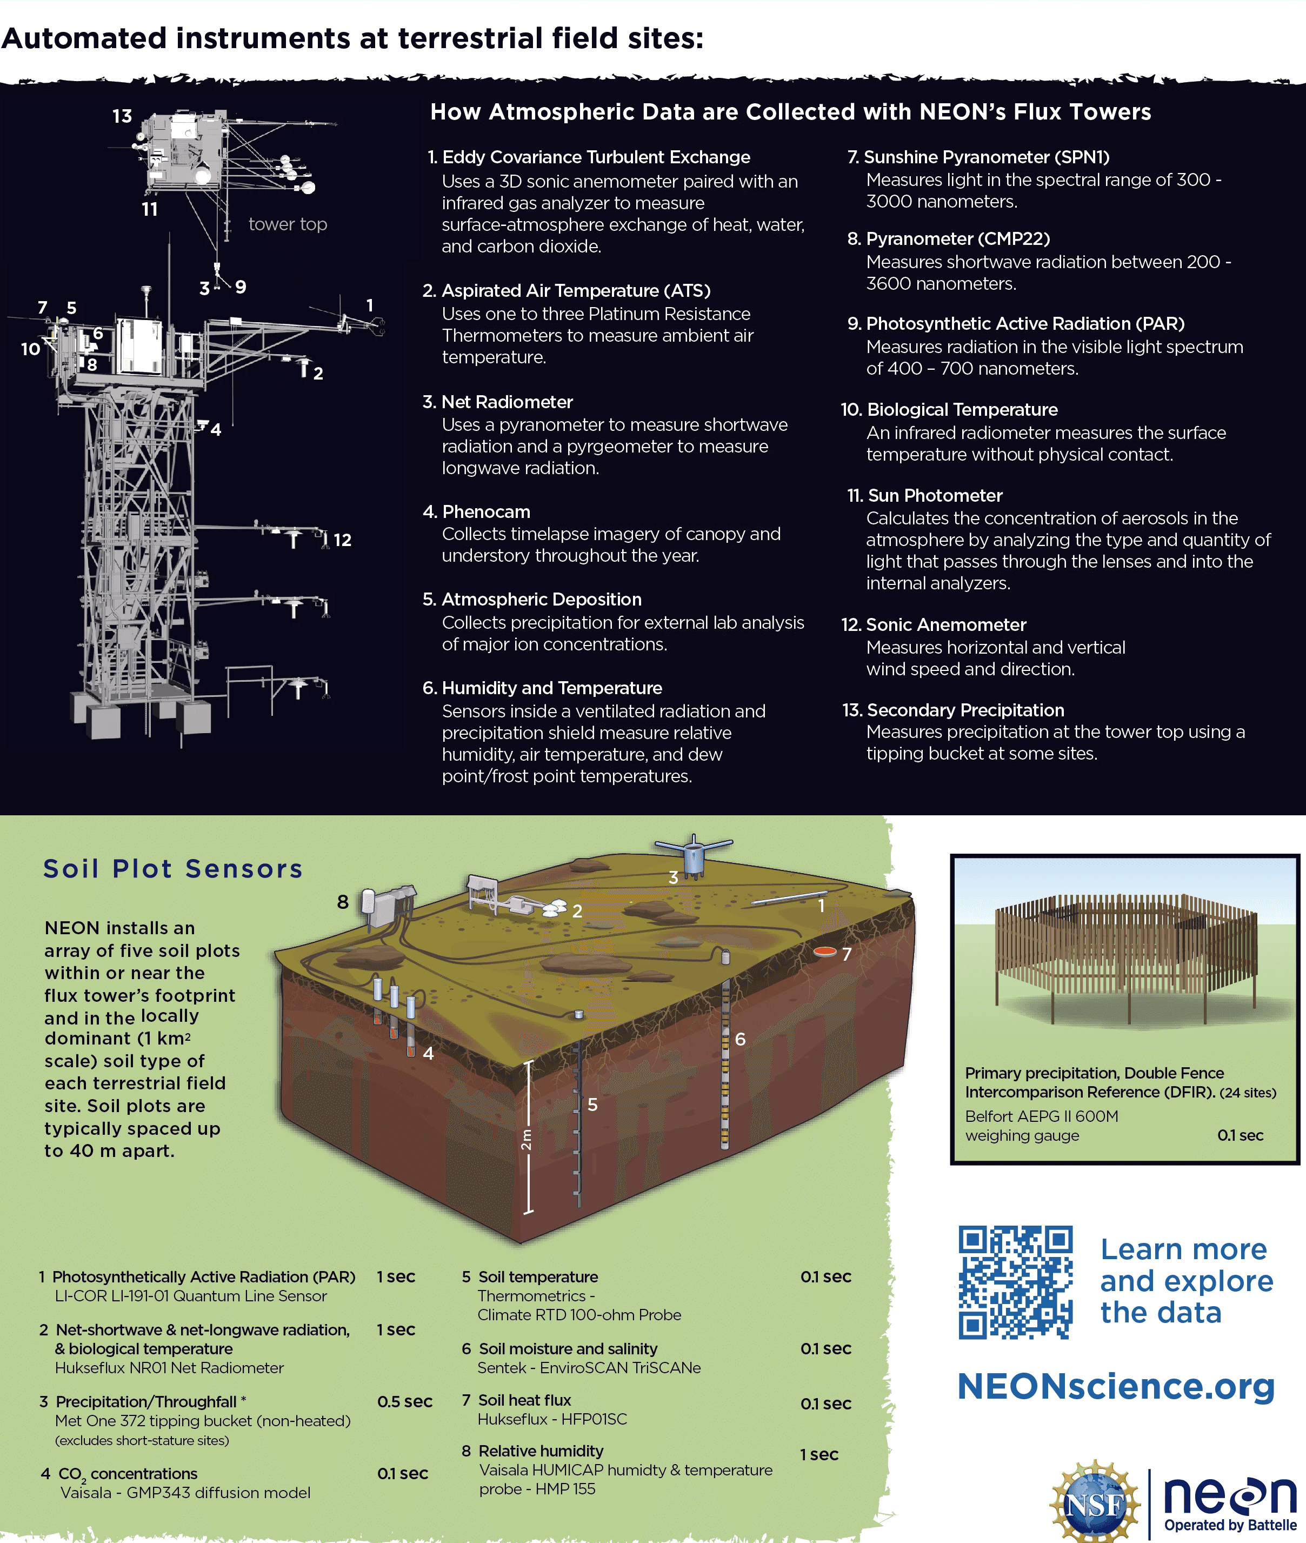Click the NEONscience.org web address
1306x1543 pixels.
pyautogui.click(x=1116, y=1386)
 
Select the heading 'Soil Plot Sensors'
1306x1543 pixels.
pyautogui.click(x=173, y=868)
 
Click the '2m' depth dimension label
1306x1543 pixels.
pyautogui.click(x=525, y=1139)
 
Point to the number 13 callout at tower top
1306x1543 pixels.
pyautogui.click(x=122, y=116)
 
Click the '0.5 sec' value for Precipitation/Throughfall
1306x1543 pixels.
pyautogui.click(x=404, y=1401)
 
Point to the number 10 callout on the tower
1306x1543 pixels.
pyautogui.click(x=30, y=349)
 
